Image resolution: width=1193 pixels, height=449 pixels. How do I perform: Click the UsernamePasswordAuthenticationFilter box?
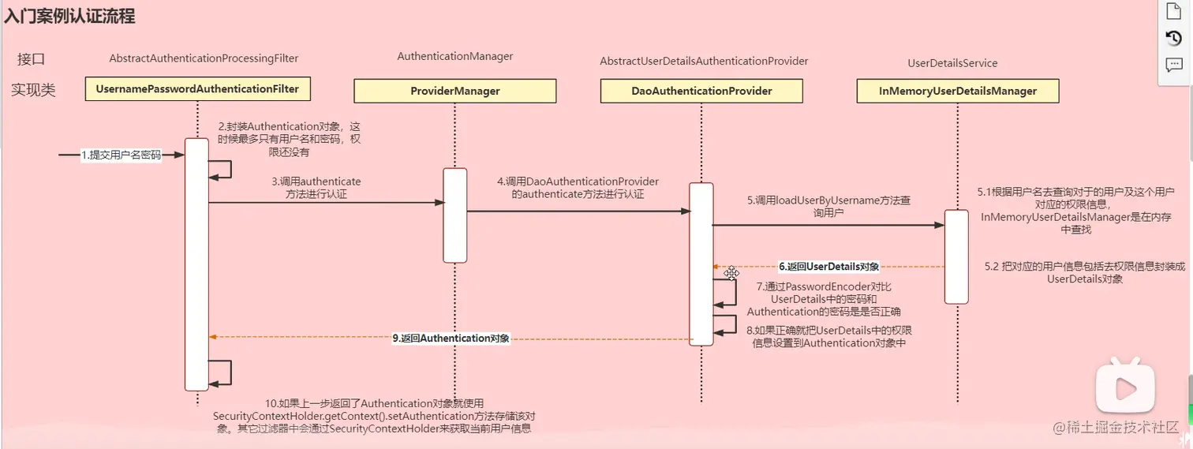tap(197, 89)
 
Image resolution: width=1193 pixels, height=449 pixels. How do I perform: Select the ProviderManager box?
tap(454, 91)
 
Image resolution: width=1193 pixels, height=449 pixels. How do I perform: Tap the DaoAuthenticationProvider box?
tap(701, 91)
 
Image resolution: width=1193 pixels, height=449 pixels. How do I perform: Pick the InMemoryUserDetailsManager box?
tap(957, 91)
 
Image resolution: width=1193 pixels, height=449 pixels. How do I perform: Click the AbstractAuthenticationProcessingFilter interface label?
tap(204, 58)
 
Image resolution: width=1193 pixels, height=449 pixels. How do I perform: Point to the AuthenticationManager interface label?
tap(454, 56)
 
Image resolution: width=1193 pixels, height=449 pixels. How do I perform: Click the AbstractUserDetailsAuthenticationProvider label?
tap(704, 61)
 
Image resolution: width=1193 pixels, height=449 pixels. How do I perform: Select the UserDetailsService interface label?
tap(952, 63)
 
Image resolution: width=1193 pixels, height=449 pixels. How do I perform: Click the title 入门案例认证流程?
tap(69, 16)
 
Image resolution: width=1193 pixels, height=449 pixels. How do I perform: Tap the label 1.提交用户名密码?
tap(121, 155)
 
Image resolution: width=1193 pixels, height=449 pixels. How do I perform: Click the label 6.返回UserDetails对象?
tap(828, 267)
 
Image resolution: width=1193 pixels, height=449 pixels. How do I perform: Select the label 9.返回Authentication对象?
tap(451, 338)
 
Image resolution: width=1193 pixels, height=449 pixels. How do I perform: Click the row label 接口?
tap(32, 59)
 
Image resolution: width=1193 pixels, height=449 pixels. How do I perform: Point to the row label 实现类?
tap(33, 90)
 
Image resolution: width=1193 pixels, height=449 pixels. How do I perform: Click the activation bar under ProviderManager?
tap(454, 215)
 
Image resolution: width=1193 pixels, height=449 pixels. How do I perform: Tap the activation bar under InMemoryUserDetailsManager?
tap(956, 256)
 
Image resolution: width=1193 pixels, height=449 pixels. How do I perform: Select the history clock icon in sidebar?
tap(1173, 38)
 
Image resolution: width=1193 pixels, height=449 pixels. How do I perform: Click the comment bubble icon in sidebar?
tap(1173, 65)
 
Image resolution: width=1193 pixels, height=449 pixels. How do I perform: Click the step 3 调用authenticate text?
tap(316, 188)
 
